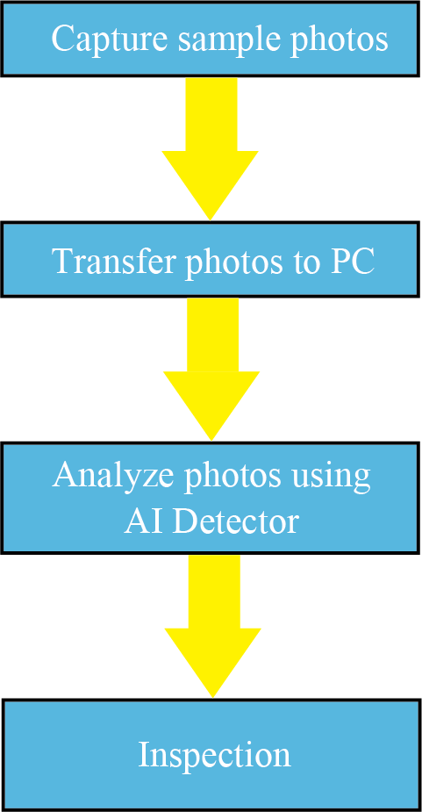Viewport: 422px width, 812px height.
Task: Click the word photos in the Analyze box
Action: point(231,476)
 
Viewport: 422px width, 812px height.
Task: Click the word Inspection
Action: point(214,756)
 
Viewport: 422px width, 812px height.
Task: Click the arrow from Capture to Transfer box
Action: point(211,148)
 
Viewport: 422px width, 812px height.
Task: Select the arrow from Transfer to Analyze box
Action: point(211,370)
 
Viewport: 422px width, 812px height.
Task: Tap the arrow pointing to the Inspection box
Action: point(213,626)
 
